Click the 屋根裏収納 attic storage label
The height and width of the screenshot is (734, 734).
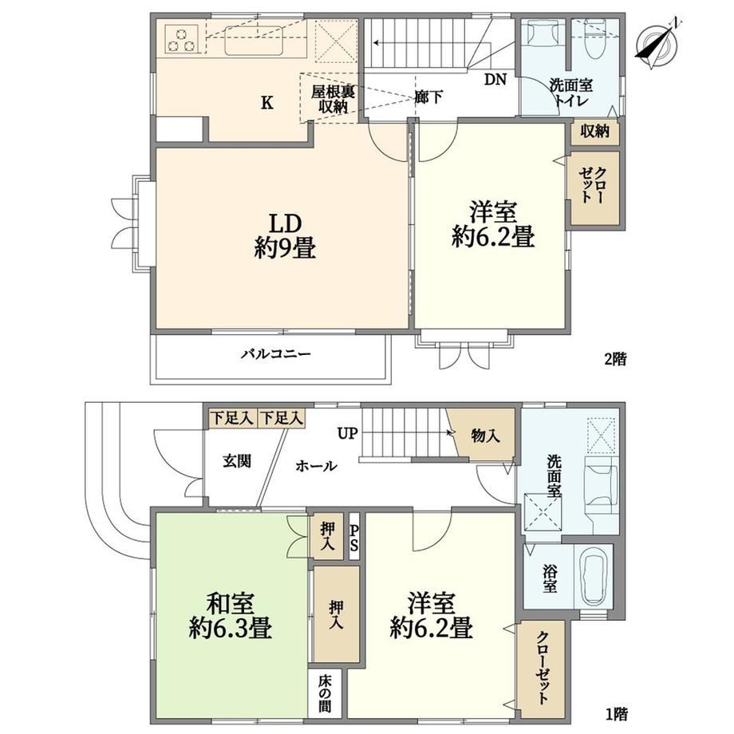click(x=333, y=98)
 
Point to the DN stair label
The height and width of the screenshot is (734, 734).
click(x=495, y=80)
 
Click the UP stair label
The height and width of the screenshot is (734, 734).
click(x=348, y=433)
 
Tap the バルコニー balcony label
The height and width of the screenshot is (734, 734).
click(x=276, y=353)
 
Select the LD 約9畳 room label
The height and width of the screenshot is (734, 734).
click(x=285, y=235)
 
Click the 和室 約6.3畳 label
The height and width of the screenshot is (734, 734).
click(x=231, y=616)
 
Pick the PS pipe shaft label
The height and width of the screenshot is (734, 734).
click(x=354, y=537)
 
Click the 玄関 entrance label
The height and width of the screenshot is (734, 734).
click(x=237, y=461)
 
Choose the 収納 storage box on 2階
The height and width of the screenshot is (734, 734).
click(x=595, y=132)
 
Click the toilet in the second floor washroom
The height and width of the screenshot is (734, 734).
click(x=594, y=39)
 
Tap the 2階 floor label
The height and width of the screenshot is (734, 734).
click(x=615, y=360)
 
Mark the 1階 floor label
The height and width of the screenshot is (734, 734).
click(x=615, y=714)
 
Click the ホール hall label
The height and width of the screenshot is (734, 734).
click(x=317, y=466)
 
